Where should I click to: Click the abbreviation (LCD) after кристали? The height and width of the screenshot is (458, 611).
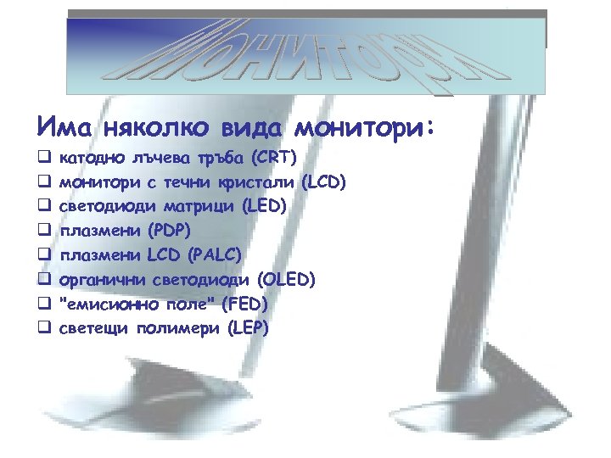[324, 182]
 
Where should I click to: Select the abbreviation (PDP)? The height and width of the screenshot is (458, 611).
[169, 230]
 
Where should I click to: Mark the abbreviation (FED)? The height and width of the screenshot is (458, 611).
[242, 303]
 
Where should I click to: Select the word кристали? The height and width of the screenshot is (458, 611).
[262, 182]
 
